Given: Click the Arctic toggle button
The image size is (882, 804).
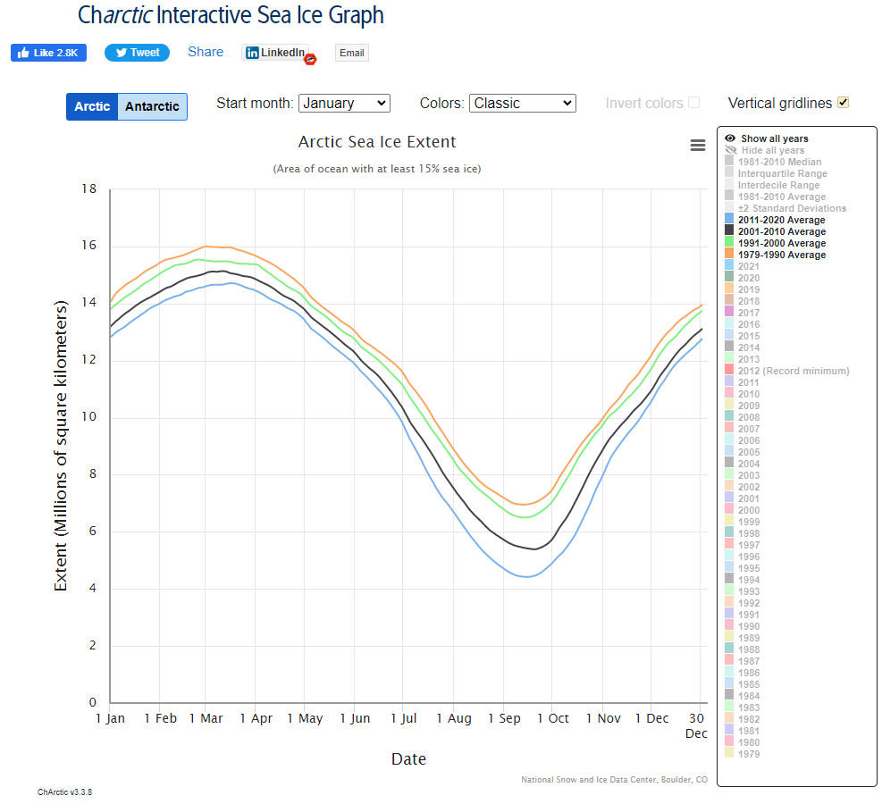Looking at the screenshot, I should click(92, 106).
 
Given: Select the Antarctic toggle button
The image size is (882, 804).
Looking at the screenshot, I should click(152, 106).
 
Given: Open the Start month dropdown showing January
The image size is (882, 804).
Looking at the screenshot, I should click(344, 103).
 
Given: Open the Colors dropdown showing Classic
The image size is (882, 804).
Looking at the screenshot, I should click(522, 103).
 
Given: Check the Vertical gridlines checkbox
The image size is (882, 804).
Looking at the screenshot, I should click(843, 103).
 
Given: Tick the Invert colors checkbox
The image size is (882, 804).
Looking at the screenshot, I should click(693, 103).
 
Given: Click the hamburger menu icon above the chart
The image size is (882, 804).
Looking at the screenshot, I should click(698, 146).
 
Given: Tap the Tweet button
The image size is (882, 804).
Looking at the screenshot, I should click(137, 53).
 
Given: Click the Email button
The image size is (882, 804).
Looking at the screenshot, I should click(351, 53).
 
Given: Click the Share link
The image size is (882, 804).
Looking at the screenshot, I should click(206, 52).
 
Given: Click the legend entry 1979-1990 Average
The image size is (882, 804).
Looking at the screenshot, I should click(783, 255).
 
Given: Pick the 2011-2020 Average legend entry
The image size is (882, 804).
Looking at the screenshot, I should click(783, 220).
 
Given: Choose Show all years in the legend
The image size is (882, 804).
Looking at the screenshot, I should click(774, 138).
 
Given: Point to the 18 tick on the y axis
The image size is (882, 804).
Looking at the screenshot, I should click(89, 189).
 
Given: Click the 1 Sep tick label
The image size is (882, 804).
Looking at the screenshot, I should click(504, 718).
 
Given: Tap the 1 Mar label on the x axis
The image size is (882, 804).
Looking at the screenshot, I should click(206, 718).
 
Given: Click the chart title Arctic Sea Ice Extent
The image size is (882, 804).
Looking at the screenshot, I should click(377, 142).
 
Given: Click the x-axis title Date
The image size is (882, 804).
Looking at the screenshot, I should click(408, 759).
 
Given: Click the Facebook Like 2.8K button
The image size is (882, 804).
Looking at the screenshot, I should click(48, 53).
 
